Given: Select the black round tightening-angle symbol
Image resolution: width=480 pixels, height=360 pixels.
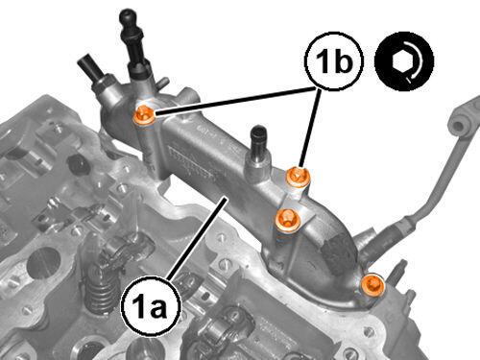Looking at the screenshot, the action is (x=404, y=60).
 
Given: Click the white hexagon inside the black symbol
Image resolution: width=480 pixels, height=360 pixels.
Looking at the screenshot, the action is (x=401, y=60).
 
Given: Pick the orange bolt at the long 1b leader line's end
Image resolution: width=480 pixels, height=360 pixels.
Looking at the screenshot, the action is (x=144, y=114).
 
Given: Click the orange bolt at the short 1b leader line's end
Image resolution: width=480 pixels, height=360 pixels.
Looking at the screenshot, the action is (x=298, y=177).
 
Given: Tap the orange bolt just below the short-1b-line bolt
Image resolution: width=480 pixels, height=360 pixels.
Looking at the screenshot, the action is (x=288, y=220).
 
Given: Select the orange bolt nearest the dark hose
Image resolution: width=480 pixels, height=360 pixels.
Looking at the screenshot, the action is (x=372, y=284).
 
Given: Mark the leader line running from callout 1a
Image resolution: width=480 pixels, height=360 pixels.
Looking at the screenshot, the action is (x=197, y=239).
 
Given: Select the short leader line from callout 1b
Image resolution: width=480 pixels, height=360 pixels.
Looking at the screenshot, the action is (x=309, y=128).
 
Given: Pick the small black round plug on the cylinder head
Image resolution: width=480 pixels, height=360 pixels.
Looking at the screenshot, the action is (x=78, y=165).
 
